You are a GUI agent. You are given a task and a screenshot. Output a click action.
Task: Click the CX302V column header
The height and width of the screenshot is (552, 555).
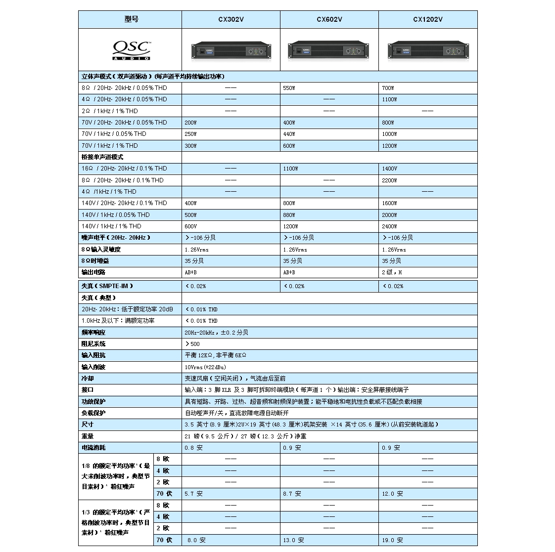point(231,20)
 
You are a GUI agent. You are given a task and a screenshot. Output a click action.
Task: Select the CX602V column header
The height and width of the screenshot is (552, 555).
point(329,20)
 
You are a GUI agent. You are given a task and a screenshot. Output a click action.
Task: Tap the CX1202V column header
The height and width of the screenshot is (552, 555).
point(428,20)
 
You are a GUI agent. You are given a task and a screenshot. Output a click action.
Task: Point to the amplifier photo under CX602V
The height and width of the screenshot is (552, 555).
point(329,50)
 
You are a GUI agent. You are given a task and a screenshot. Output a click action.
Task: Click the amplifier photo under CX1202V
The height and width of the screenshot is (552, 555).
point(428,50)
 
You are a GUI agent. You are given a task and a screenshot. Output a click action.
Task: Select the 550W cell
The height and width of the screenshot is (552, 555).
point(289,88)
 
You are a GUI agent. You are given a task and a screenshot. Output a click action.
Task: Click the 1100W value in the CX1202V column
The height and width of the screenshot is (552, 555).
point(389,99)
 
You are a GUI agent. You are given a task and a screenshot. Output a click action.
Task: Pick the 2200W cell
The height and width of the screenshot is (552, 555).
point(389,180)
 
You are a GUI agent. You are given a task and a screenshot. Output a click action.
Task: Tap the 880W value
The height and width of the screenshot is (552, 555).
point(289,215)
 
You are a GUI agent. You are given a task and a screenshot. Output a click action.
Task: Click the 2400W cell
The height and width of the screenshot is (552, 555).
point(389,226)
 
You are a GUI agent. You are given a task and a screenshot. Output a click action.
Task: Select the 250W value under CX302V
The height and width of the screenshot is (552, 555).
point(190,134)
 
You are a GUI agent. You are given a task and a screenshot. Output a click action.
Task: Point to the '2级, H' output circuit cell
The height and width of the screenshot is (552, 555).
point(392,272)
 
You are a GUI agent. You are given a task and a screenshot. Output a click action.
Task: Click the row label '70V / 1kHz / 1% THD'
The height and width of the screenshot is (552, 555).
point(110,146)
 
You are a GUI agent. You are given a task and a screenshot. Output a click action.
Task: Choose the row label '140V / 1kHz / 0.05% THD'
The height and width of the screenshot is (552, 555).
point(115,215)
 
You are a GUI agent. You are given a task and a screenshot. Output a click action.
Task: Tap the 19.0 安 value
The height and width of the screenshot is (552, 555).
point(392,540)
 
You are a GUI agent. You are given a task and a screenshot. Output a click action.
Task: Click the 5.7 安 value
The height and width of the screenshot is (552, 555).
point(193,494)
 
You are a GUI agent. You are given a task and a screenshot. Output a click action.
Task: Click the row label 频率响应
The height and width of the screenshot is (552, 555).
point(93,333)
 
